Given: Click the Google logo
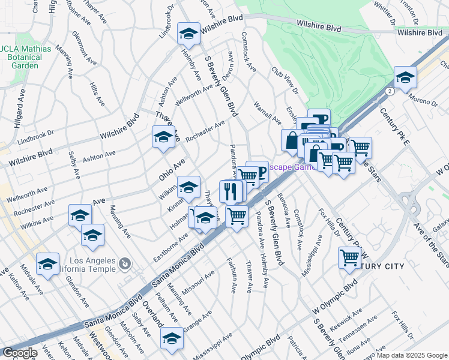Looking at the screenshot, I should tap(20, 353).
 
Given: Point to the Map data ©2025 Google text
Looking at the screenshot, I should tap(412, 355).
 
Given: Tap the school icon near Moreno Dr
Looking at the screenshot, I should tap(405, 79).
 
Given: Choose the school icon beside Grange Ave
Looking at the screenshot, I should tap(172, 339).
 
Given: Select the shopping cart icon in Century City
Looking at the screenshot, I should tap(349, 259).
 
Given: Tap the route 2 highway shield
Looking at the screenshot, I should tap(390, 91).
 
